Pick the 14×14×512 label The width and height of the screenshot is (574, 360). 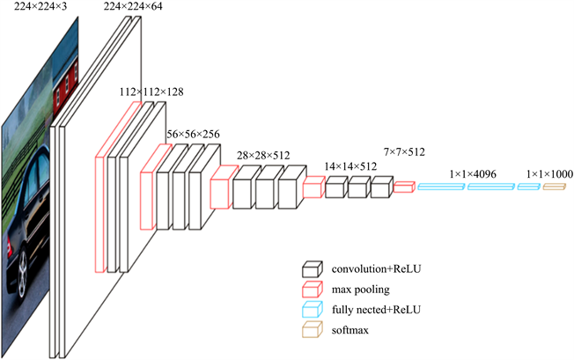(x=351, y=165)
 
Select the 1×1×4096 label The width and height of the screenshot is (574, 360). (x=472, y=174)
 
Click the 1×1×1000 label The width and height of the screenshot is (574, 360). (x=548, y=174)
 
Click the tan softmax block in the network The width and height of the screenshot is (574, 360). (x=553, y=187)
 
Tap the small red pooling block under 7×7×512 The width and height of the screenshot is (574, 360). (x=404, y=187)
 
